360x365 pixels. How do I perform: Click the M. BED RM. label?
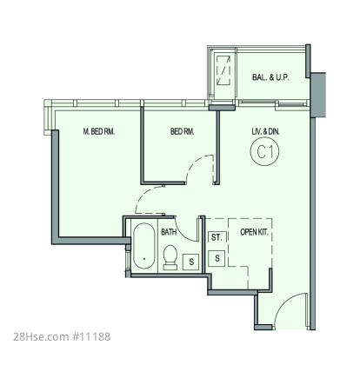[x=99, y=131]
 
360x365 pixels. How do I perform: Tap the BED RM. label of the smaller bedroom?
[x=182, y=131]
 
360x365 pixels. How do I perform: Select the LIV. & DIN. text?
[x=265, y=131]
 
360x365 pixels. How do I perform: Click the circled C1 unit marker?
[x=264, y=151]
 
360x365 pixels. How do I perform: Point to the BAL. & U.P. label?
[x=270, y=77]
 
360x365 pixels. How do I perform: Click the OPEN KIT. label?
[x=254, y=232]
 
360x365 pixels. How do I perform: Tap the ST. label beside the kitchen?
[x=217, y=237]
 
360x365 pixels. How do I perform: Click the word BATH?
[x=169, y=232]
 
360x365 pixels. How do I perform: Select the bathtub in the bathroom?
[x=144, y=246]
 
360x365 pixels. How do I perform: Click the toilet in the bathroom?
[x=170, y=257]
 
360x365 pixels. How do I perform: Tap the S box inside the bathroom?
[x=191, y=262]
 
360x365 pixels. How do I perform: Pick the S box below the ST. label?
[x=217, y=258]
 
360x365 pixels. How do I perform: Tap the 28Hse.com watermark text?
[x=41, y=337]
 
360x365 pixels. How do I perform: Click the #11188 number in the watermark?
[x=90, y=337]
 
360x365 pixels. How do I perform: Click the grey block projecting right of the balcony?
[x=317, y=95]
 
